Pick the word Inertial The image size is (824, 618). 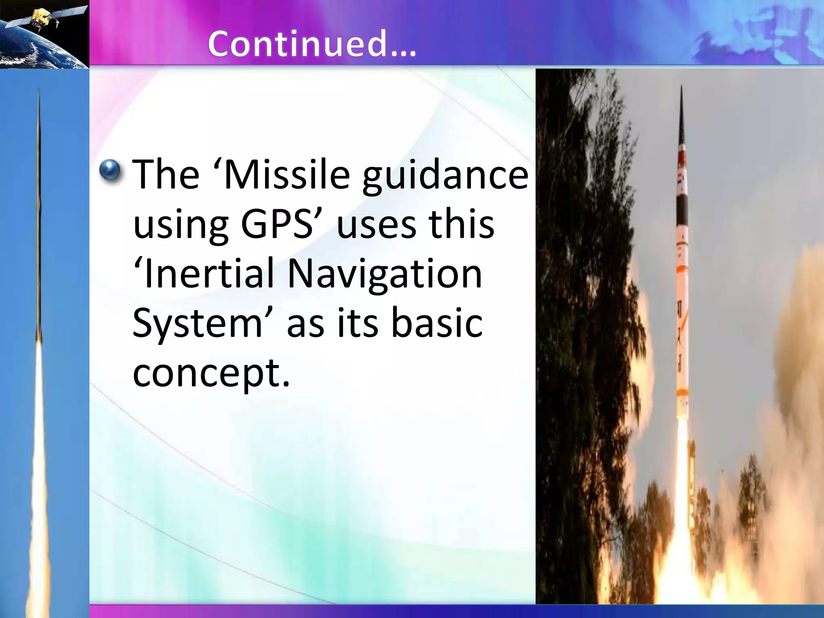coord(205,274)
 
